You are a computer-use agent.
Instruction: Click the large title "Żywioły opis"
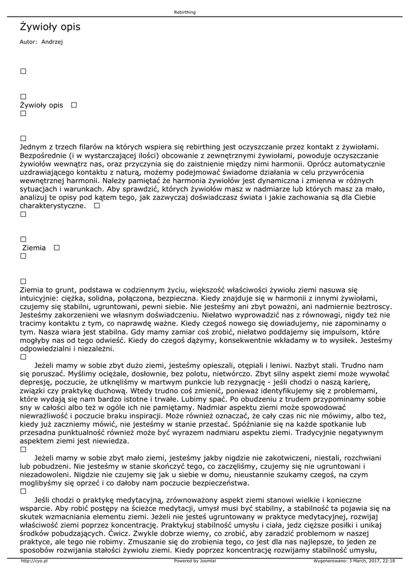50,27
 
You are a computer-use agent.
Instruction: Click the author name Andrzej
52,42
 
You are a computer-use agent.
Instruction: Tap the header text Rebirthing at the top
185,12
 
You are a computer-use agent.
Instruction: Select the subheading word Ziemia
34,248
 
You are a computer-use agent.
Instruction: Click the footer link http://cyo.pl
34,561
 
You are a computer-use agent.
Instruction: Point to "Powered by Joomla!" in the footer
195,561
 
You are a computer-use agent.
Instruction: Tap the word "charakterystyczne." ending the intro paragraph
53,205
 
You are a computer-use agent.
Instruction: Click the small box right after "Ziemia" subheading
57,248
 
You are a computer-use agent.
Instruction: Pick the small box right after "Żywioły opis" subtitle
74,105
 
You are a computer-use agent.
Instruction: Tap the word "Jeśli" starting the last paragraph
44,500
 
